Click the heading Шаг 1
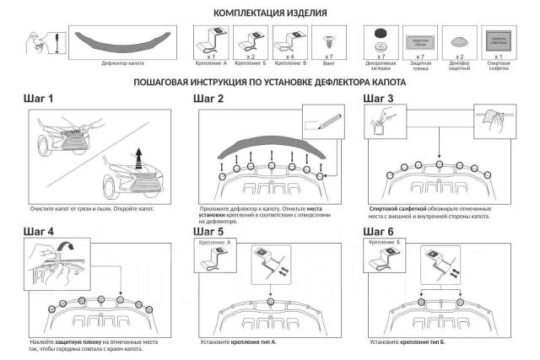click(39, 99)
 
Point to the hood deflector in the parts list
click(117, 38)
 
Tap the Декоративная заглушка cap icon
click(378, 38)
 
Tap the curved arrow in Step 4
click(67, 247)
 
